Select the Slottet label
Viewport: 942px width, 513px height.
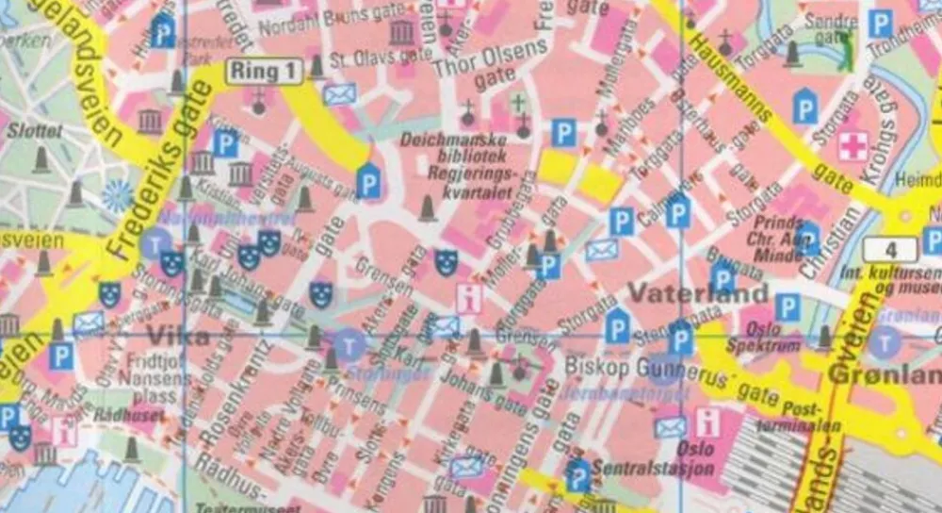coord(34,131)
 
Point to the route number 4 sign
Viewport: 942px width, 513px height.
coord(888,250)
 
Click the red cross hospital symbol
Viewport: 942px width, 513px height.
coord(853,146)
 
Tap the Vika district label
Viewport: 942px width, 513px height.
coord(172,334)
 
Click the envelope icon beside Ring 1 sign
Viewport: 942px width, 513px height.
coord(339,94)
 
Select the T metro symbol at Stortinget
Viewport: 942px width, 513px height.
coord(351,343)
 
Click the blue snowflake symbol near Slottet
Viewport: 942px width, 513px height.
coord(118,195)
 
